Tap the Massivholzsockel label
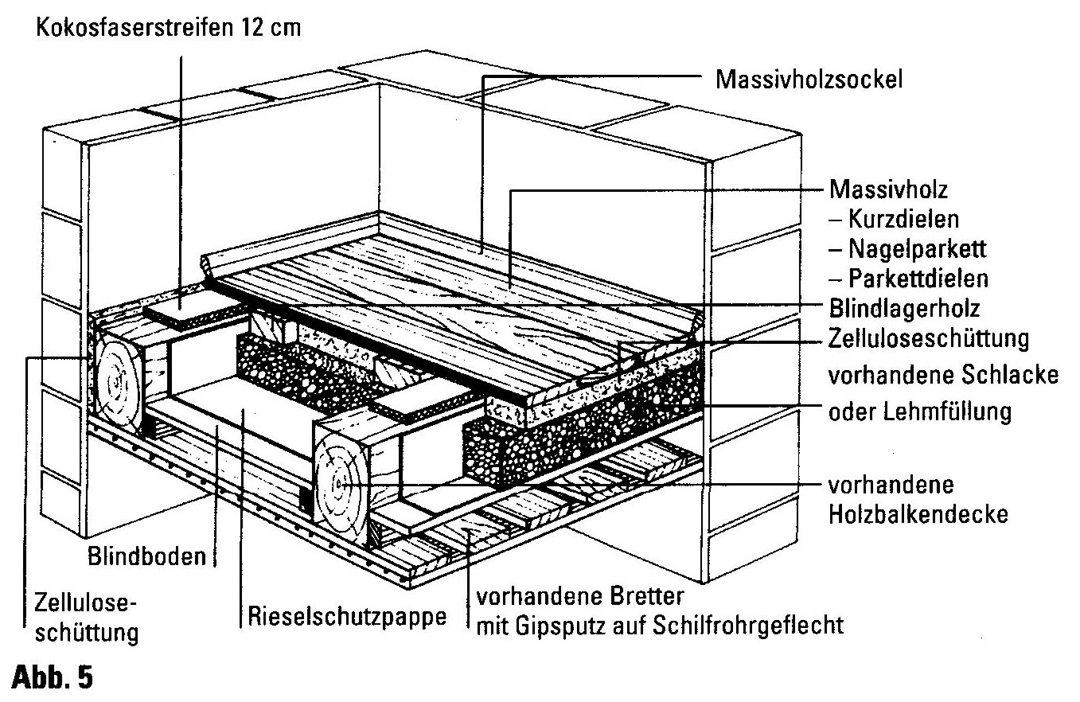pos(809,80)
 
